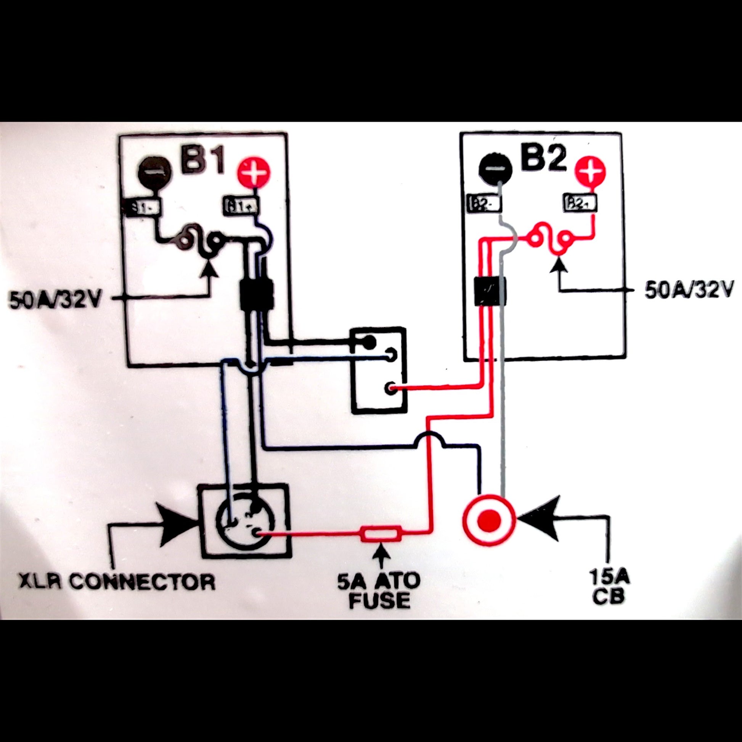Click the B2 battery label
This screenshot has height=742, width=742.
coord(544,157)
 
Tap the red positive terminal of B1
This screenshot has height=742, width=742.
coord(254,173)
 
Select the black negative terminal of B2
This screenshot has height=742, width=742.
coord(495,168)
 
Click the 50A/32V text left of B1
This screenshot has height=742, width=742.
coord(55,301)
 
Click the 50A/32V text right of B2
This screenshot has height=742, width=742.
coord(689,290)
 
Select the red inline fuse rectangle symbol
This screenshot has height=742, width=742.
coord(381,534)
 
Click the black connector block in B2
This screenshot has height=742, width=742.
coord(490,291)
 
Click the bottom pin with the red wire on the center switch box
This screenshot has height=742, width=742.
coord(391,388)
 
